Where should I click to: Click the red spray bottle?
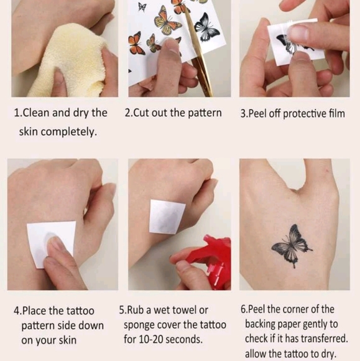pyautogui.click(x=215, y=261)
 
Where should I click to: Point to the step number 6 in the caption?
pyautogui.click(x=243, y=309)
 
